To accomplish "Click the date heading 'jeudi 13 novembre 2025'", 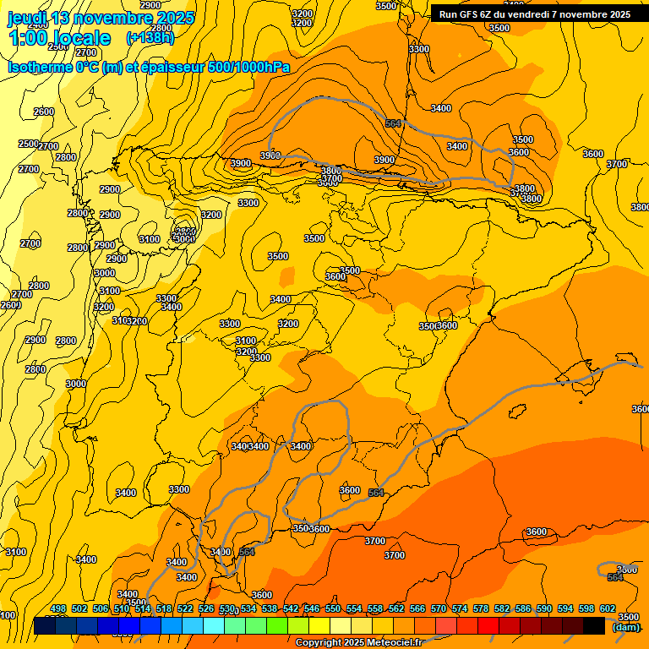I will click(101, 18).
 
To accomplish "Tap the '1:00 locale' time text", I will click(59, 38).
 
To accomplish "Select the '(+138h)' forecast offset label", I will click(150, 38).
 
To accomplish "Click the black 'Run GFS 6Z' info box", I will click(535, 14).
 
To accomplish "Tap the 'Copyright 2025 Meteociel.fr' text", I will click(357, 642).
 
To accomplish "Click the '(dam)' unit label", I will click(625, 627).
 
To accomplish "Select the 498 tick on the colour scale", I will click(58, 608).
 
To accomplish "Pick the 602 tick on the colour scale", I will click(607, 608).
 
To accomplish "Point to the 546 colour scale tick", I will click(312, 608).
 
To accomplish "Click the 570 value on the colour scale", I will click(439, 608).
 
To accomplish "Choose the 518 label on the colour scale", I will click(164, 608).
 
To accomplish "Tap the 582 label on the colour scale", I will click(502, 608).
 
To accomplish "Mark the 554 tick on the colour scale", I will click(354, 608).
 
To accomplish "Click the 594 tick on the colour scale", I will click(565, 608).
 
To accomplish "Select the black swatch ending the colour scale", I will click(594, 625).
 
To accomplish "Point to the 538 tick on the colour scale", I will click(270, 608).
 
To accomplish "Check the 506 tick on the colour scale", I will click(101, 608).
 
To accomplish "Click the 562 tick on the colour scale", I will click(396, 608).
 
